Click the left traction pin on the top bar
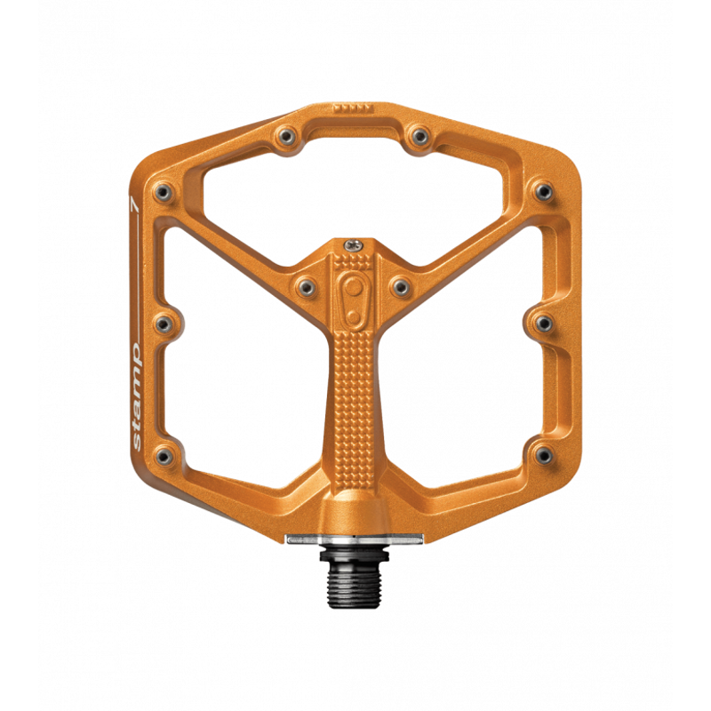[x=286, y=136]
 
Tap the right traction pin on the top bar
[x=415, y=136]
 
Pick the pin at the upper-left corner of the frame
[x=162, y=190]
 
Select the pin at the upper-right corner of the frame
[x=542, y=190]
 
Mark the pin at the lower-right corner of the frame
[x=542, y=456]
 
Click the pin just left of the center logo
[x=307, y=285]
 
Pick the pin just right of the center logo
[x=399, y=285]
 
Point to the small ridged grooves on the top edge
[x=351, y=107]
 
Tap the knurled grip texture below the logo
[x=355, y=391]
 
